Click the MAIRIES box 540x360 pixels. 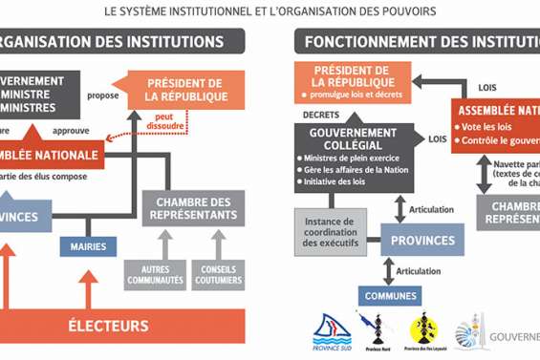88,246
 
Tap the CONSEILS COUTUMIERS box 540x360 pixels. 218,274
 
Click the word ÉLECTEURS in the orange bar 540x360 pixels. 120,326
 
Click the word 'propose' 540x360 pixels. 102,95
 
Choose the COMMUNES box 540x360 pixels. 390,296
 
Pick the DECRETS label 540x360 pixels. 321,113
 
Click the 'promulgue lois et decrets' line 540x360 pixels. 352,95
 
